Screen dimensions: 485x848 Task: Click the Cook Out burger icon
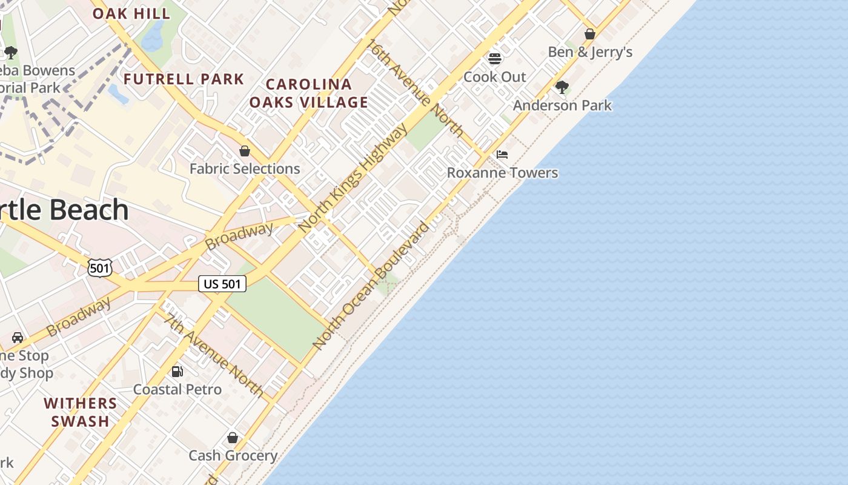tap(495, 59)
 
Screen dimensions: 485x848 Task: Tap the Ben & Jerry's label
tap(590, 52)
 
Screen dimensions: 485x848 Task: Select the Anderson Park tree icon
tap(562, 87)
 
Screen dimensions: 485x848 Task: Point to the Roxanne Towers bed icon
tap(502, 155)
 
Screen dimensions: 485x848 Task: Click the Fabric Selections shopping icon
tap(245, 151)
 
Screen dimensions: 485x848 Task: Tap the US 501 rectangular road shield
tap(222, 284)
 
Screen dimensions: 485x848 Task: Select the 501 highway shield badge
tap(100, 267)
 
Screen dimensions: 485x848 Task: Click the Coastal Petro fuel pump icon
tap(177, 371)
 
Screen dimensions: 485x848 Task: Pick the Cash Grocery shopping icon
tap(233, 438)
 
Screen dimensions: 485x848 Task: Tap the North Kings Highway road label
tap(354, 177)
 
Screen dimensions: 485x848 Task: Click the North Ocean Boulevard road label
tap(371, 286)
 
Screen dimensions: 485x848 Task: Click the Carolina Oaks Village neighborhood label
tap(308, 93)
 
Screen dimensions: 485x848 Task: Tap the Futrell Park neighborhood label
tap(184, 79)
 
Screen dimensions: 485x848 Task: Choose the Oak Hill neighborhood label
tap(131, 13)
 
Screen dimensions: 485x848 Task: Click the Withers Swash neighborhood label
tap(81, 412)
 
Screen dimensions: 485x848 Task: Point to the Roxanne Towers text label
tap(502, 173)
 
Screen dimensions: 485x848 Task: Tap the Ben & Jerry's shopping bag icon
tap(590, 34)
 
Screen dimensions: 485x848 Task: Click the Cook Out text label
tap(495, 77)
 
